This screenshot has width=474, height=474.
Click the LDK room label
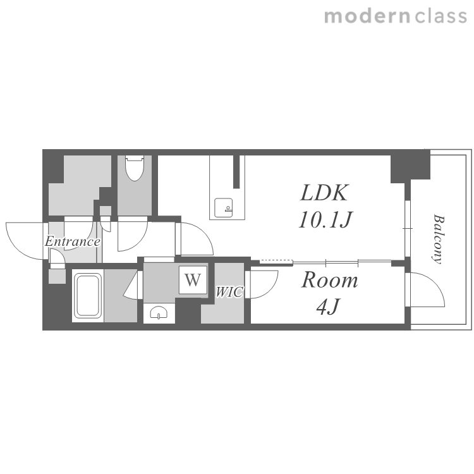(x=324, y=193)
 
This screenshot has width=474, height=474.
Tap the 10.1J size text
(x=325, y=220)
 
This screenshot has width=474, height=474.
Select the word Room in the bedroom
(x=330, y=280)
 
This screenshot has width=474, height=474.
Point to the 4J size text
(x=328, y=307)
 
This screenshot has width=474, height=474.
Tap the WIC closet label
(x=229, y=292)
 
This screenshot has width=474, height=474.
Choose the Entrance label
(x=73, y=241)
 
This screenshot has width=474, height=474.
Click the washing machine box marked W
(x=193, y=279)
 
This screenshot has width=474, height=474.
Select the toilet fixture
(x=135, y=167)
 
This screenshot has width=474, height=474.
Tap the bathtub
(x=88, y=295)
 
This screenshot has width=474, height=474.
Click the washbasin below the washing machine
(x=159, y=313)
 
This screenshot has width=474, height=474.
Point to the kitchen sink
(x=223, y=208)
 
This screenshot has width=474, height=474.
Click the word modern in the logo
(x=367, y=16)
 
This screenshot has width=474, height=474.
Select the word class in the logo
(x=441, y=16)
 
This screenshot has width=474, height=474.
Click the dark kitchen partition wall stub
(x=236, y=171)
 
